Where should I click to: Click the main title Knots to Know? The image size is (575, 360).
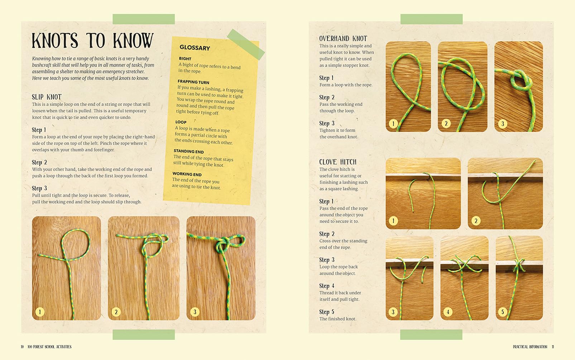click(x=92, y=41)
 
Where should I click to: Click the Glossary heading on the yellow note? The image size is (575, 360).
click(x=195, y=48)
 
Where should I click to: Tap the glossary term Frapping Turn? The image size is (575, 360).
click(x=193, y=82)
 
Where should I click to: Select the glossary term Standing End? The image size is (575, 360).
click(x=188, y=151)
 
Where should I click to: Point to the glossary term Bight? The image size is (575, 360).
click(x=185, y=58)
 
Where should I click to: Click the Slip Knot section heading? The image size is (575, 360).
click(x=47, y=97)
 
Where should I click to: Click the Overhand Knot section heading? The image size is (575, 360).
click(x=343, y=38)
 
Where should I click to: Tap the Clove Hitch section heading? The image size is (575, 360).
click(x=337, y=162)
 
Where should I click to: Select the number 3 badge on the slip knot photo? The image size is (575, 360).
click(x=195, y=312)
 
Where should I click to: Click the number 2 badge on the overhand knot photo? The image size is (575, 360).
click(x=446, y=124)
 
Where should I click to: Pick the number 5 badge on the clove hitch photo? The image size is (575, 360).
click(x=502, y=312)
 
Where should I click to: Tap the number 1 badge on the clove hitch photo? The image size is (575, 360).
click(x=393, y=221)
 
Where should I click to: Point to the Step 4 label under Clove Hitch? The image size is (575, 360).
click(x=326, y=286)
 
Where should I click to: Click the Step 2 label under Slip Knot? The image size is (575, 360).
click(x=39, y=162)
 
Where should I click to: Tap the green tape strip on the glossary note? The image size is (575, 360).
click(x=246, y=44)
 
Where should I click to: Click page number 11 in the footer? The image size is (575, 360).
click(x=553, y=347)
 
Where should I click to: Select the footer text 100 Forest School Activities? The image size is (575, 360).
click(x=49, y=347)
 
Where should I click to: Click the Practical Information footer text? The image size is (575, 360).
click(x=530, y=347)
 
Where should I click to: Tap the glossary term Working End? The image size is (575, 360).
click(x=187, y=174)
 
